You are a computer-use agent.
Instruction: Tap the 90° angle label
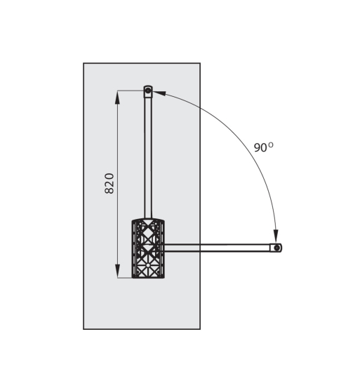pos(264,147)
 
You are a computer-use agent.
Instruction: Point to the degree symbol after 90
pos(271,145)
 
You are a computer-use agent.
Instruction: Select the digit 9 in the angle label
pos(257,148)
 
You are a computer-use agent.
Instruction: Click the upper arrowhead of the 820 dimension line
pos(117,98)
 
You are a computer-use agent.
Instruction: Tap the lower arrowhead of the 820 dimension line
pos(117,271)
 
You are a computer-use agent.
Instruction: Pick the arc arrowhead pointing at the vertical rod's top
pos(159,93)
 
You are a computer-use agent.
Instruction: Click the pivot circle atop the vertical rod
pos(148,91)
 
